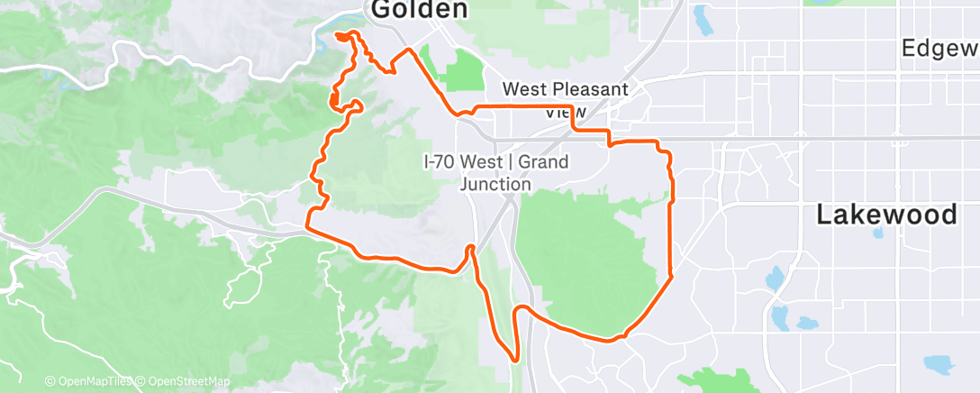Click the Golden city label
420,10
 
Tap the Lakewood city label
886,215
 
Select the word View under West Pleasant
567,112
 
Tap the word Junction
495,183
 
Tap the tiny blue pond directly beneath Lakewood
877,233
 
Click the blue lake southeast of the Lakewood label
938,364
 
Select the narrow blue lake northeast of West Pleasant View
700,18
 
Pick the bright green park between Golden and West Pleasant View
464,70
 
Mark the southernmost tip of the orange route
515,360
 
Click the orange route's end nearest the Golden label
339,36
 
